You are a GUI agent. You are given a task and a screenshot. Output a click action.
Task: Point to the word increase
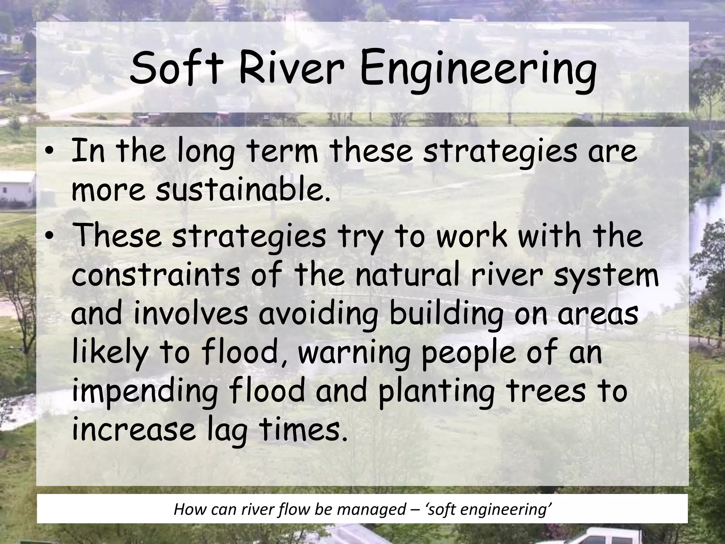click(133, 430)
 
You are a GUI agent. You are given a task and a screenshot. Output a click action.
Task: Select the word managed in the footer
click(371, 510)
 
